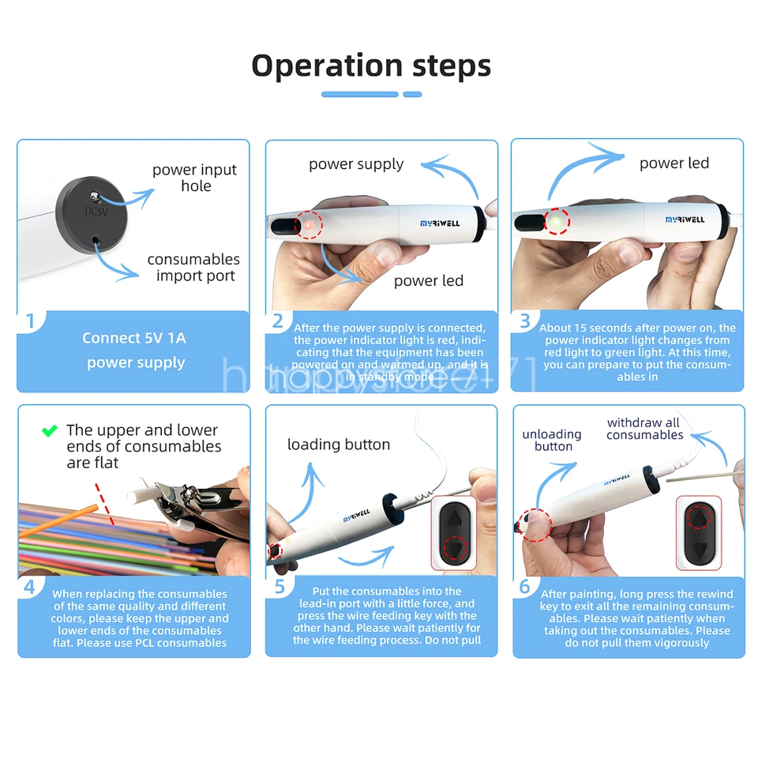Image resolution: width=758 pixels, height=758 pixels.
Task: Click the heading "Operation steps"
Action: click(x=371, y=66)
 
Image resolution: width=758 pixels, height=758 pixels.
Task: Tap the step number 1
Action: click(x=30, y=321)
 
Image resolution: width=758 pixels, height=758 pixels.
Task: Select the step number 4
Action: click(x=30, y=587)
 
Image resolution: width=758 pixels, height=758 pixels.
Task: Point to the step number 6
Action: click(x=525, y=587)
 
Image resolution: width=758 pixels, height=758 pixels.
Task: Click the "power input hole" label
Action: click(x=194, y=178)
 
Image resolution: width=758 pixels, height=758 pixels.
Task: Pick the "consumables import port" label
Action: click(x=194, y=268)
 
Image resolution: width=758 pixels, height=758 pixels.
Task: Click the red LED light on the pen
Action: click(x=310, y=225)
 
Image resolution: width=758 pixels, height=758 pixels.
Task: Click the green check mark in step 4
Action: click(x=50, y=431)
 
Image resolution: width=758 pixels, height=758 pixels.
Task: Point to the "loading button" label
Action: click(x=338, y=445)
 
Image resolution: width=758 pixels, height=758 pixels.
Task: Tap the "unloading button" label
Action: click(x=552, y=441)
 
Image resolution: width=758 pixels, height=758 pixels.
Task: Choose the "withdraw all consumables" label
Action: click(x=644, y=429)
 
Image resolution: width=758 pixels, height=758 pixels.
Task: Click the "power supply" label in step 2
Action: click(x=355, y=164)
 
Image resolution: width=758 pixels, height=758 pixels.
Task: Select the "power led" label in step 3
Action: click(x=674, y=163)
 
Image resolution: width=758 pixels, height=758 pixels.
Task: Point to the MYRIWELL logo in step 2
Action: click(x=441, y=223)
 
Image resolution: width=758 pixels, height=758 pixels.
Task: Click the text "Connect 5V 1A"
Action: click(x=133, y=338)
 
